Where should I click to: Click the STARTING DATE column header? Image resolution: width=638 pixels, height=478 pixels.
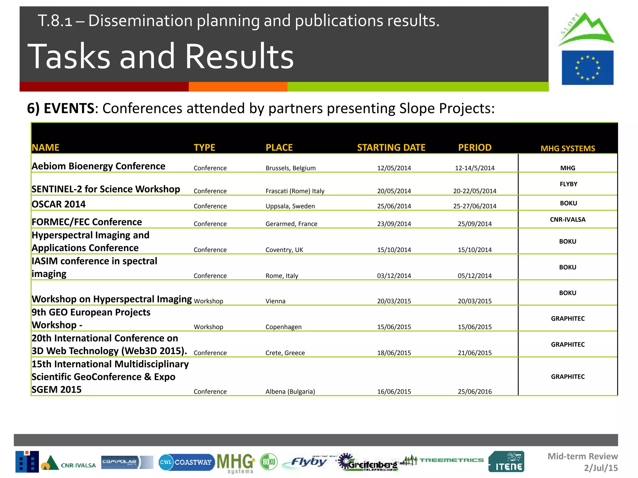[391, 148]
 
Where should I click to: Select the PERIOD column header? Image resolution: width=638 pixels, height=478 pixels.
[474, 148]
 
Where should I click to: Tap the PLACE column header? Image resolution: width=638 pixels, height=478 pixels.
[279, 148]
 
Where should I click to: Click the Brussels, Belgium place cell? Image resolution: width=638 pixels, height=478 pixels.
[290, 168]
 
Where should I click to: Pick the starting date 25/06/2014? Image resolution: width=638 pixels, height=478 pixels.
[394, 206]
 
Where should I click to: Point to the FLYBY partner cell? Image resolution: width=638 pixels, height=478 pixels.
[568, 184]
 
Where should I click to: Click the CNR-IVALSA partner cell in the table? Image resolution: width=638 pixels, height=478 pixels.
[568, 219]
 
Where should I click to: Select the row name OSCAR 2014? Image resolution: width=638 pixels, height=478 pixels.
[59, 204]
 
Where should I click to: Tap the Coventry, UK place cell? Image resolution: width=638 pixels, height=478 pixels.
[284, 250]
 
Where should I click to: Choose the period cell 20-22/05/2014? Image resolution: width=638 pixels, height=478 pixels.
[474, 191]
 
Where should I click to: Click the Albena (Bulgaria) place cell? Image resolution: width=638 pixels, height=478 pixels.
[290, 391]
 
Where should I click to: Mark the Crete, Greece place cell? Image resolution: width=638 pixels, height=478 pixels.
[285, 353]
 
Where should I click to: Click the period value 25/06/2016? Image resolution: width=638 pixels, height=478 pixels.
[474, 391]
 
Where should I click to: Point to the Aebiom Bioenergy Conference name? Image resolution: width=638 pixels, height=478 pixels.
[98, 166]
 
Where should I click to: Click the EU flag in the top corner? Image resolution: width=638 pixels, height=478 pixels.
[588, 68]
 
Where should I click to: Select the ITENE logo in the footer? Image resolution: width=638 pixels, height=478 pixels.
[506, 462]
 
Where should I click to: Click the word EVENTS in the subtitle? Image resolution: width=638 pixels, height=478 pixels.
[69, 108]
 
